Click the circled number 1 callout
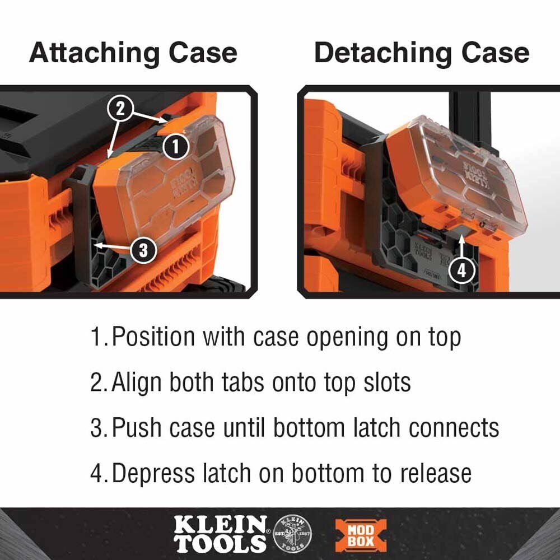(175, 147)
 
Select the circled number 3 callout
(144, 250)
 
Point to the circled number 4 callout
(461, 270)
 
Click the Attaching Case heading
(133, 53)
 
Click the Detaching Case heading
(421, 53)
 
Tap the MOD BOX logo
(361, 535)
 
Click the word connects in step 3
(454, 428)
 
